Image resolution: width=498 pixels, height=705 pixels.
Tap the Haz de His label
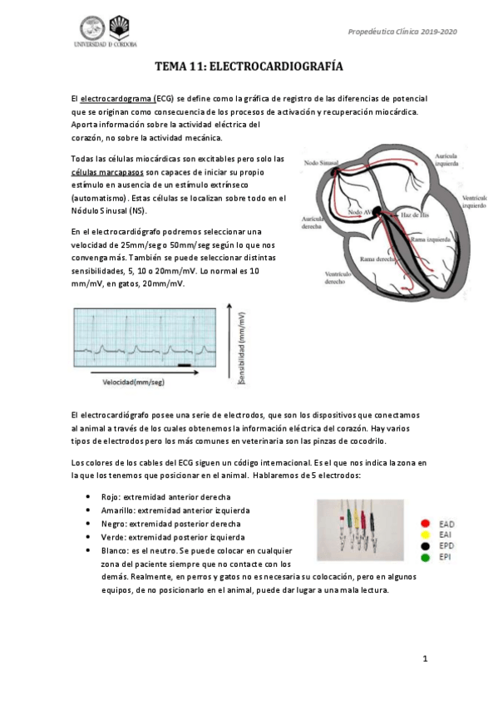(x=416, y=215)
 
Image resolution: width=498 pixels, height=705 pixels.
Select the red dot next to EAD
(x=426, y=524)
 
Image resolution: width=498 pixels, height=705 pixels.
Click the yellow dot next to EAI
(x=426, y=535)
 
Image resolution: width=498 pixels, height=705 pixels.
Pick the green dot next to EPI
(x=426, y=556)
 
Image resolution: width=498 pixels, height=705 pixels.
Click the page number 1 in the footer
(x=425, y=660)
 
